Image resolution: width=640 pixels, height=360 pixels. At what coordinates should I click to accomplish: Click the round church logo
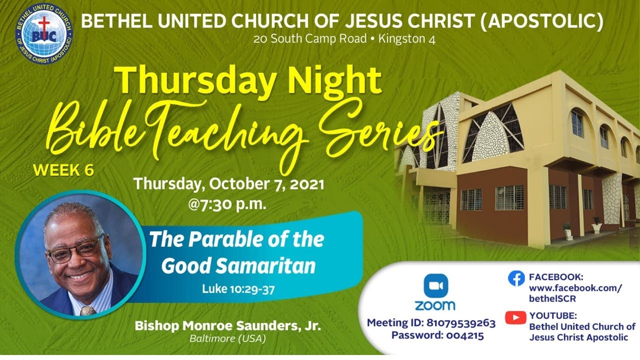44,31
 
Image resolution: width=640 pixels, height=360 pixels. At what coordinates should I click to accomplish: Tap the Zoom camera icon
434,285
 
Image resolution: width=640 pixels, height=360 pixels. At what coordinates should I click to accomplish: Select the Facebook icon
516,278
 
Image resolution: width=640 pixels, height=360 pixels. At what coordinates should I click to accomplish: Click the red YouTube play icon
515,317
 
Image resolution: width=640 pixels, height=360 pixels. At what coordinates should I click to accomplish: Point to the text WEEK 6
63,170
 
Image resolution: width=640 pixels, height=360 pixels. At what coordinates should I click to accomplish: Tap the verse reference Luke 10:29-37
238,289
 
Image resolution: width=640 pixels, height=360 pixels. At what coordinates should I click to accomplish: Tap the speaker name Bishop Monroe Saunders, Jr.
227,326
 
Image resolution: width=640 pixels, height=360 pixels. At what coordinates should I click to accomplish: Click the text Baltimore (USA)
227,338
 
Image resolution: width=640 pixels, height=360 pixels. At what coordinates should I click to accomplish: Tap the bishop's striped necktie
88,310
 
